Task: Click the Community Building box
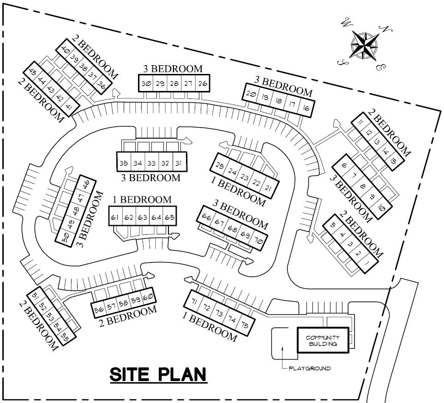tap(323, 341)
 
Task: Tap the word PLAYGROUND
tap(309, 368)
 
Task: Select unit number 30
tap(146, 84)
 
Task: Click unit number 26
tap(202, 84)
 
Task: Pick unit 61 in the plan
tap(115, 216)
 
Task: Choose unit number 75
tap(245, 325)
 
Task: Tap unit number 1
tap(368, 265)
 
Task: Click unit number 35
tap(124, 163)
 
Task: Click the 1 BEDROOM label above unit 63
tap(142, 200)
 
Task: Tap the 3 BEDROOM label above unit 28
tap(173, 68)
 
